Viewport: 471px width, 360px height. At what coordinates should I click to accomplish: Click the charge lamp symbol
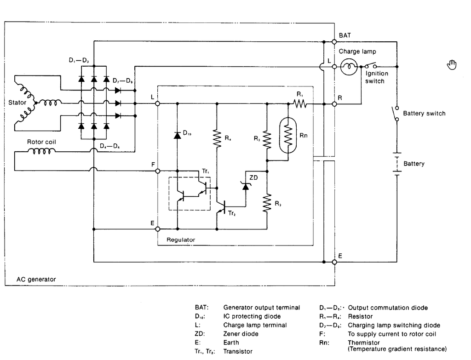[349, 67]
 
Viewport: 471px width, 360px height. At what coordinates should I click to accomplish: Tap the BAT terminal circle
[334, 42]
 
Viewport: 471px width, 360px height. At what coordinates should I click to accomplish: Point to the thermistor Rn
[288, 136]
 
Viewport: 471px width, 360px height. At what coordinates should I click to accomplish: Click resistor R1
[300, 104]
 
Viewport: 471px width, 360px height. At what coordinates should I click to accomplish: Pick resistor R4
[217, 138]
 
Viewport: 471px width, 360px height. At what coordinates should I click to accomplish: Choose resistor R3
[267, 204]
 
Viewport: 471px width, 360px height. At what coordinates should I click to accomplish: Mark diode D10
[177, 135]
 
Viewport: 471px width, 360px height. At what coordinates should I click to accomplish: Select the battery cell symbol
[397, 164]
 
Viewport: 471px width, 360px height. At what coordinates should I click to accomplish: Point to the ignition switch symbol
[370, 65]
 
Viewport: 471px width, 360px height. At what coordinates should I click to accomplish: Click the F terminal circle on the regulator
[157, 171]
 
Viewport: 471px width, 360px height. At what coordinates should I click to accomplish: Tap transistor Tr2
[222, 207]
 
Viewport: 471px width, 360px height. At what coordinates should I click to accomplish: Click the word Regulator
[180, 240]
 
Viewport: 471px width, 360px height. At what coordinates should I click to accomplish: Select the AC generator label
[36, 279]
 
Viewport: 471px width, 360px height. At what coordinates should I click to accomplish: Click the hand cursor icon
[452, 64]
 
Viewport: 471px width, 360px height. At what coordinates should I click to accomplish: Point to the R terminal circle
[334, 104]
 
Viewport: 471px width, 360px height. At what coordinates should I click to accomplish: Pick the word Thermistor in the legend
[364, 343]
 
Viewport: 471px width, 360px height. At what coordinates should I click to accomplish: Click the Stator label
[17, 103]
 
